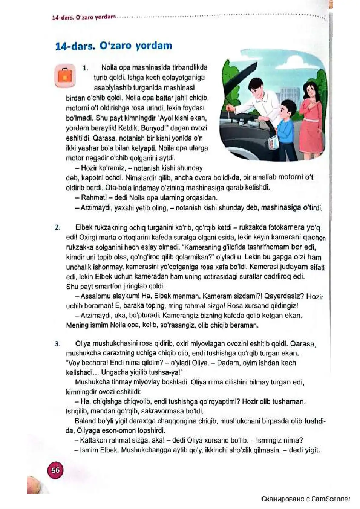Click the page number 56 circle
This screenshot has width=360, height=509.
click(55, 470)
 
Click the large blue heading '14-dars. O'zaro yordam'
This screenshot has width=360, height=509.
click(113, 46)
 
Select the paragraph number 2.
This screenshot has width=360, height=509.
click(57, 228)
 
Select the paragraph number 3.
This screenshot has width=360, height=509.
click(57, 344)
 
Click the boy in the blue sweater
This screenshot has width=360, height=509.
click(284, 124)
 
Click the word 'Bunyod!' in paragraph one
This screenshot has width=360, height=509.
click(154, 128)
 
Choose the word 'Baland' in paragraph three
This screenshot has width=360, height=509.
click(85, 421)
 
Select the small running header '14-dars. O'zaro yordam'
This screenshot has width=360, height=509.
click(84, 17)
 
